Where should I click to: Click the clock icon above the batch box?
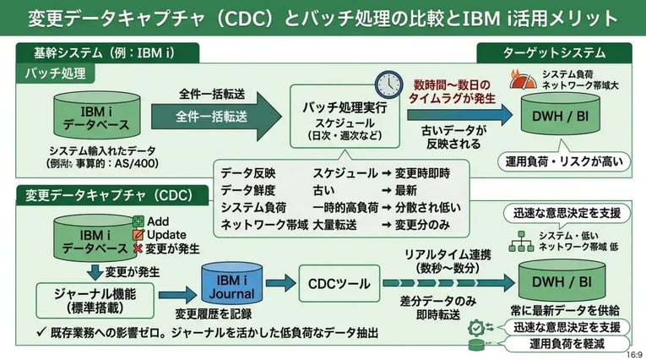point(388,83)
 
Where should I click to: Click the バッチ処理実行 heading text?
point(345,108)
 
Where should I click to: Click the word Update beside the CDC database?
point(166,234)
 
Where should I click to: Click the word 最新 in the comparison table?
point(408,189)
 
